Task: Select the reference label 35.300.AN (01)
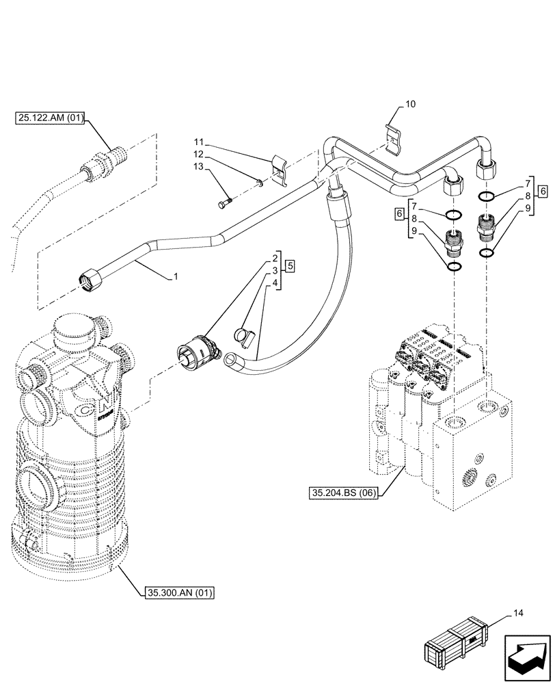click(179, 592)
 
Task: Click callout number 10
click(410, 105)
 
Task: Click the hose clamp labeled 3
click(244, 336)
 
